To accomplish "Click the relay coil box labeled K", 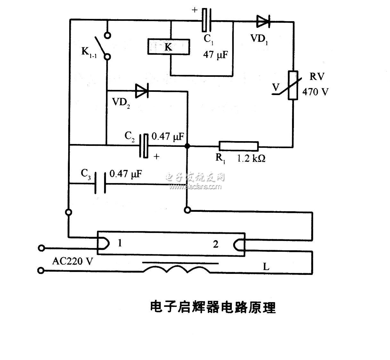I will point(168,47).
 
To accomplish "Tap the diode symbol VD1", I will point(263,21).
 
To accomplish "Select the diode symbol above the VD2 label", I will point(142,91).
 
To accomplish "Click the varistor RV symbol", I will point(292,85).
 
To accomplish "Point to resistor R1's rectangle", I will point(239,146).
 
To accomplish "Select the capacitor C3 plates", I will point(101,183).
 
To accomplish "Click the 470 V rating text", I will point(315,92).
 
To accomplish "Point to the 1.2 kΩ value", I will point(251,158).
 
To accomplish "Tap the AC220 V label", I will point(72,261).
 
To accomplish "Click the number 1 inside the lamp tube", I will point(120,244).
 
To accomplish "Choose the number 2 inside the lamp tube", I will point(215,244).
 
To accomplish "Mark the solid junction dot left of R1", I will point(188,146).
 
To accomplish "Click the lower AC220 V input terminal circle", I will point(41,271).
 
